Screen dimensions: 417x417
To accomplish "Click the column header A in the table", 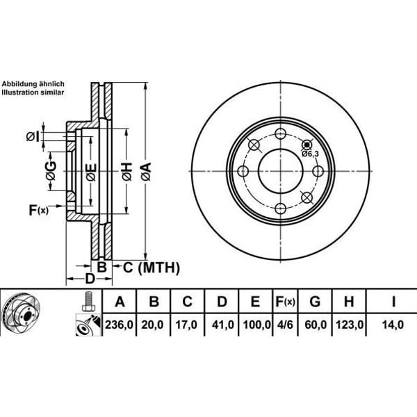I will tap(120, 302).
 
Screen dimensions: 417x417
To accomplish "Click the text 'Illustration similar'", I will tap(33, 91).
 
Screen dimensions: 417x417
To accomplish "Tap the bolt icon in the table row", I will tap(88, 302).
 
